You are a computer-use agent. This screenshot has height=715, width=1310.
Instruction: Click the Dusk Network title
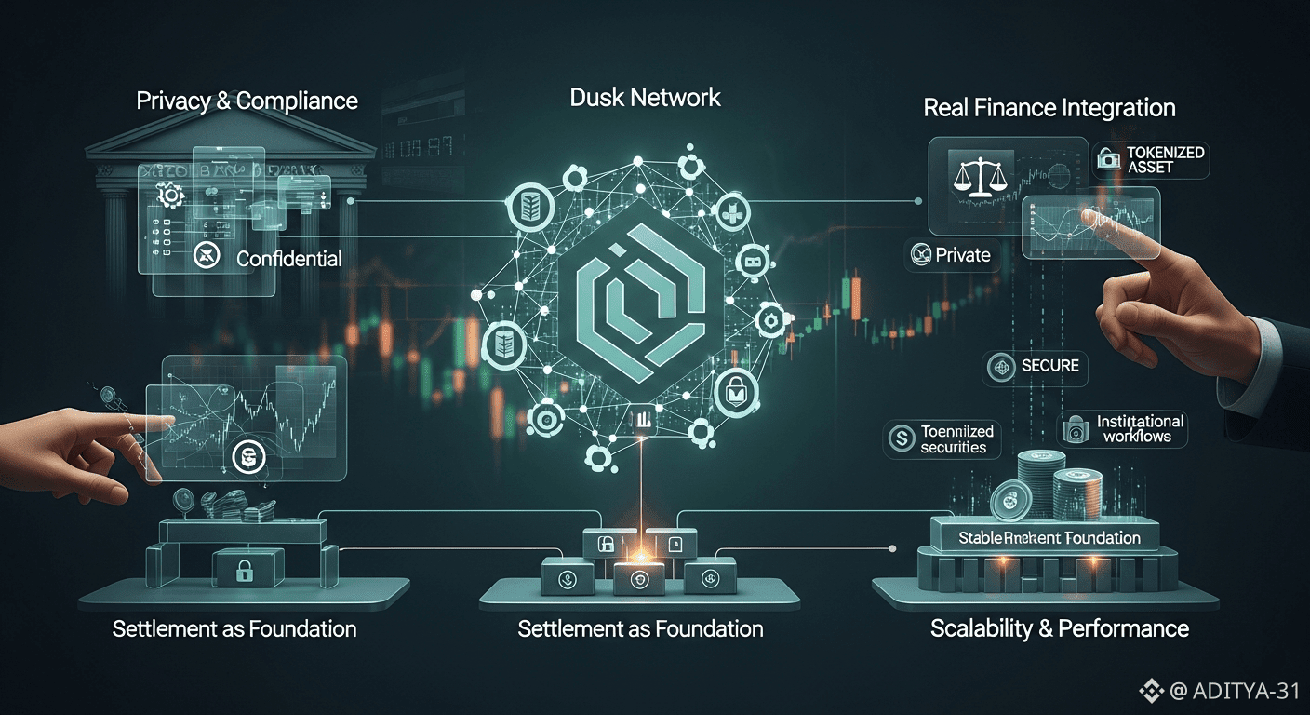click(645, 97)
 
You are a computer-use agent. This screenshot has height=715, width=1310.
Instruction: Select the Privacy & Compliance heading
click(247, 101)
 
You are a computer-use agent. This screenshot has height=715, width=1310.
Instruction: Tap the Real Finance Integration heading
click(1049, 107)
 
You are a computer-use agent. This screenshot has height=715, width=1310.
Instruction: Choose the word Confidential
click(288, 259)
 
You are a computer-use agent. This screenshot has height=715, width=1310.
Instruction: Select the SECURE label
click(1049, 366)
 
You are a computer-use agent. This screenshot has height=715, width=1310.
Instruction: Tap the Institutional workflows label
click(1140, 428)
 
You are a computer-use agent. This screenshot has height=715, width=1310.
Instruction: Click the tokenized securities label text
click(956, 438)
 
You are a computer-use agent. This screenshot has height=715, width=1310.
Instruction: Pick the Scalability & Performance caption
click(1060, 628)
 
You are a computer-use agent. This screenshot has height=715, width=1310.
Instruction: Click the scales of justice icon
click(973, 174)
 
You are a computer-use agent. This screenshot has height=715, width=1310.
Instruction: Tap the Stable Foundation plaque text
click(1049, 537)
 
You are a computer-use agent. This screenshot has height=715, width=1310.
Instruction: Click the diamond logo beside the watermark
click(1152, 691)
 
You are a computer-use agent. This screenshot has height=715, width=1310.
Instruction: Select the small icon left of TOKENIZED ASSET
click(1107, 159)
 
